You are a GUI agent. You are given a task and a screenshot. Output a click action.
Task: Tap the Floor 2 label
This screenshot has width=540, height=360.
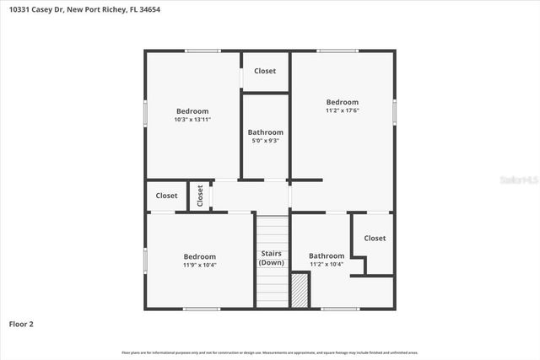point(21,323)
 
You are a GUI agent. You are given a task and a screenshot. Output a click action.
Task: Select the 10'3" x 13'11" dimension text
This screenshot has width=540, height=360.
point(192,120)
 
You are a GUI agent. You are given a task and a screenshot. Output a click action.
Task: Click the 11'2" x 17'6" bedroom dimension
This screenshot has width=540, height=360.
point(343,110)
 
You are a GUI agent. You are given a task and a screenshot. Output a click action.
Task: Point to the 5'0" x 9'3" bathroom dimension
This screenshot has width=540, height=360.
point(265,141)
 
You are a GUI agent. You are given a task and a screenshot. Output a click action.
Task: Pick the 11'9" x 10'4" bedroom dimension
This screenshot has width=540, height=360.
point(200,265)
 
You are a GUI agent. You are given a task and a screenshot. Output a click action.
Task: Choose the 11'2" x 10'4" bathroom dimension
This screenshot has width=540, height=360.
point(327,264)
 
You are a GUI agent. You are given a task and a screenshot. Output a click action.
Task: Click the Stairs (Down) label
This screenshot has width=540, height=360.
point(271,257)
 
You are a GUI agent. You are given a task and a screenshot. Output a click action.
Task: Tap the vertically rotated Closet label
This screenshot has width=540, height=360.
point(200,196)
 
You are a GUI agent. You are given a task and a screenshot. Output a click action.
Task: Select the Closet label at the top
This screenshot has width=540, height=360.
point(265,71)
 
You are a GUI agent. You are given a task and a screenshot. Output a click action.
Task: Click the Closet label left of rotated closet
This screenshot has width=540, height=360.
point(166,196)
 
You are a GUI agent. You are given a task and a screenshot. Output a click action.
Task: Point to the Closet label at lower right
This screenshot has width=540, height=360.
point(375,238)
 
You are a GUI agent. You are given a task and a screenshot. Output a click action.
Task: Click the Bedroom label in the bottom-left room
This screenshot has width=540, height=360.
point(200,256)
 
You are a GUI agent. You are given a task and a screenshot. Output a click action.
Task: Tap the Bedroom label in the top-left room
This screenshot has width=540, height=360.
point(192,111)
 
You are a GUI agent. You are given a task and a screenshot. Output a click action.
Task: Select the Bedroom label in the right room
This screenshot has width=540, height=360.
point(343,102)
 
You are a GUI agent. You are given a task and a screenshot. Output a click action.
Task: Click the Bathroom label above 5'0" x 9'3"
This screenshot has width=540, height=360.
point(265,132)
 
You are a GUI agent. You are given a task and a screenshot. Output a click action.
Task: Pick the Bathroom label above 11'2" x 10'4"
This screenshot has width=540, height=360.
point(327,255)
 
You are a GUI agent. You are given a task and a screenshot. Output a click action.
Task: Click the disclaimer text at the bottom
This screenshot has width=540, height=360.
point(270,352)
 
